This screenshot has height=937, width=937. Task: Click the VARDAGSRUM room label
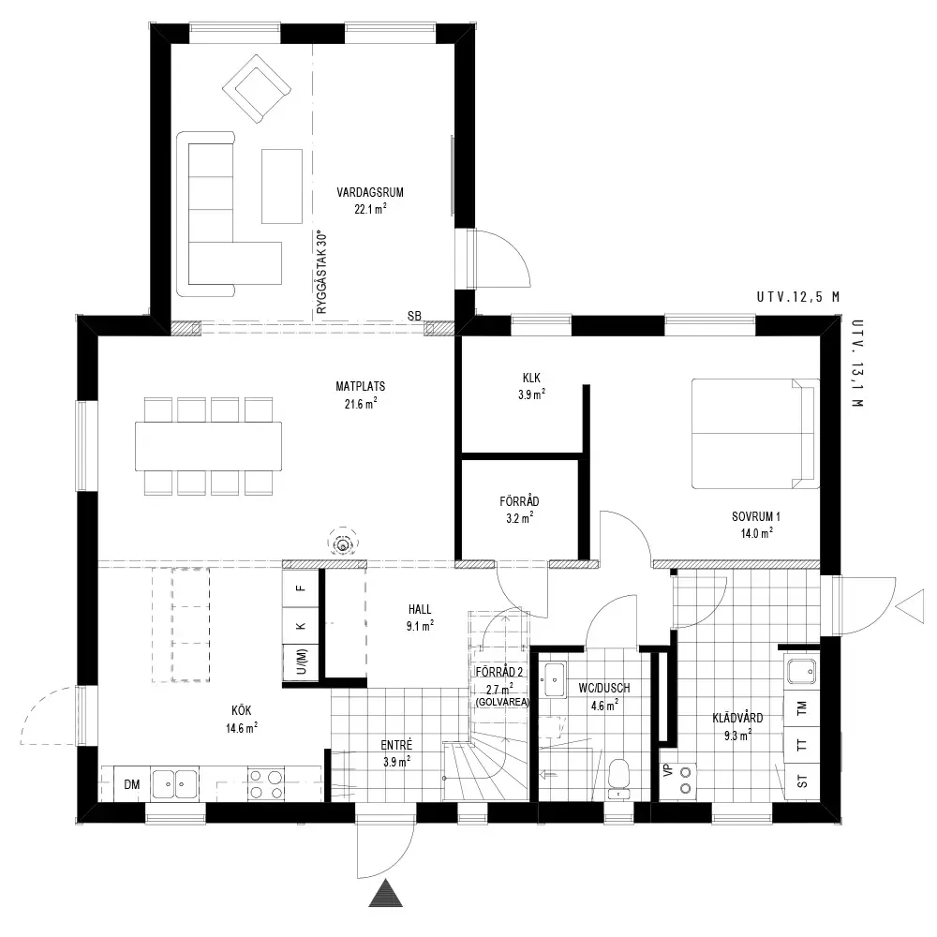tap(370, 192)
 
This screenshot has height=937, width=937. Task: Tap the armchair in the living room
tap(257, 89)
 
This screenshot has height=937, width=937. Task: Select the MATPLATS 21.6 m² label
tap(361, 395)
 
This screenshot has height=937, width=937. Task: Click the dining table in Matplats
tap(209, 446)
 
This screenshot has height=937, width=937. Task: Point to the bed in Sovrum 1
tap(755, 433)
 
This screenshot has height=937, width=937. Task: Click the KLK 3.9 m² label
tap(531, 386)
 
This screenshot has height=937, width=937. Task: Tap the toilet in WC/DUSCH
tap(618, 778)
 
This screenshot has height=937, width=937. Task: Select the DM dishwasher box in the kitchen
tap(131, 784)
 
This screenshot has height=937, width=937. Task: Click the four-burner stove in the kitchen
tap(266, 784)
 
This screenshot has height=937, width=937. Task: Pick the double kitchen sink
tap(174, 784)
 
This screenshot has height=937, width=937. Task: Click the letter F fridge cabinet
tap(301, 588)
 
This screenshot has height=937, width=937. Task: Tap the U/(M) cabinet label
tap(302, 662)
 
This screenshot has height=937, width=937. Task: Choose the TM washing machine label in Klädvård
tap(802, 707)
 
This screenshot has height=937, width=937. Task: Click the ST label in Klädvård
tap(802, 781)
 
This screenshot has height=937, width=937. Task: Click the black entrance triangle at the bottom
tap(385, 893)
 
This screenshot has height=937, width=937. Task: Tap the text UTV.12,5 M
tap(798, 297)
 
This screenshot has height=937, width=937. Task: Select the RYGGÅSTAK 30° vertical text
tap(322, 273)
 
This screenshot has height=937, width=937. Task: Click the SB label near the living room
tap(414, 316)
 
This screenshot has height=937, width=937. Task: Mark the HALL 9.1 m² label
tap(420, 617)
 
